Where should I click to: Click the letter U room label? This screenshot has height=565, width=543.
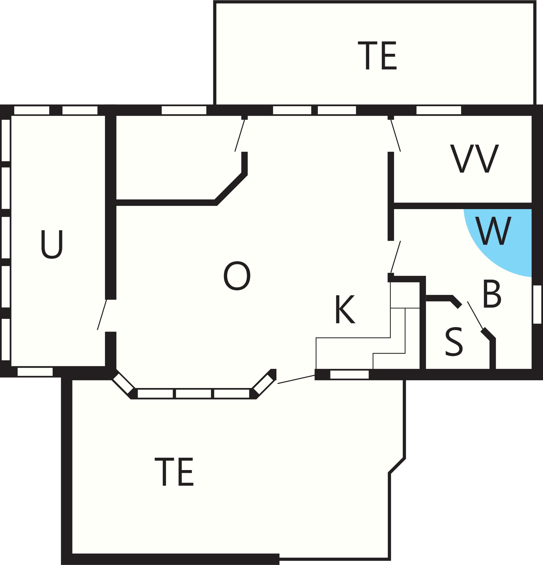(52, 244)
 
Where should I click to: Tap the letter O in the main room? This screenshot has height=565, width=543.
(237, 276)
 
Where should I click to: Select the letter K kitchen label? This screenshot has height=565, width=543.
(345, 309)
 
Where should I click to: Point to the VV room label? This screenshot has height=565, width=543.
(474, 158)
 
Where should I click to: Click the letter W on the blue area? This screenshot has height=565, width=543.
(493, 231)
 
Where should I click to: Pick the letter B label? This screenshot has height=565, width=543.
(492, 293)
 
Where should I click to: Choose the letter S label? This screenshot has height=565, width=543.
(454, 342)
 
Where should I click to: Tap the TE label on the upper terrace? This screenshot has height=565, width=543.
(377, 56)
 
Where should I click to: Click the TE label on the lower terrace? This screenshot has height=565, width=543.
(174, 472)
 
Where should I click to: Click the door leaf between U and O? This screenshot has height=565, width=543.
(102, 314)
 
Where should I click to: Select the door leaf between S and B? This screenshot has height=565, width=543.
(475, 315)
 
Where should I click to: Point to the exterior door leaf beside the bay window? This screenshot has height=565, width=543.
(296, 379)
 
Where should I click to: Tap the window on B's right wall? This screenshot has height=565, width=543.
(537, 304)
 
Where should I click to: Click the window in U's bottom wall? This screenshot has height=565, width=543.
(35, 372)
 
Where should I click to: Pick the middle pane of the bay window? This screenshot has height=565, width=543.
(194, 394)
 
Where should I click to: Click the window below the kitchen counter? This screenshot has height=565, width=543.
(349, 375)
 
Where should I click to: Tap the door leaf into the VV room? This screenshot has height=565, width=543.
(395, 136)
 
